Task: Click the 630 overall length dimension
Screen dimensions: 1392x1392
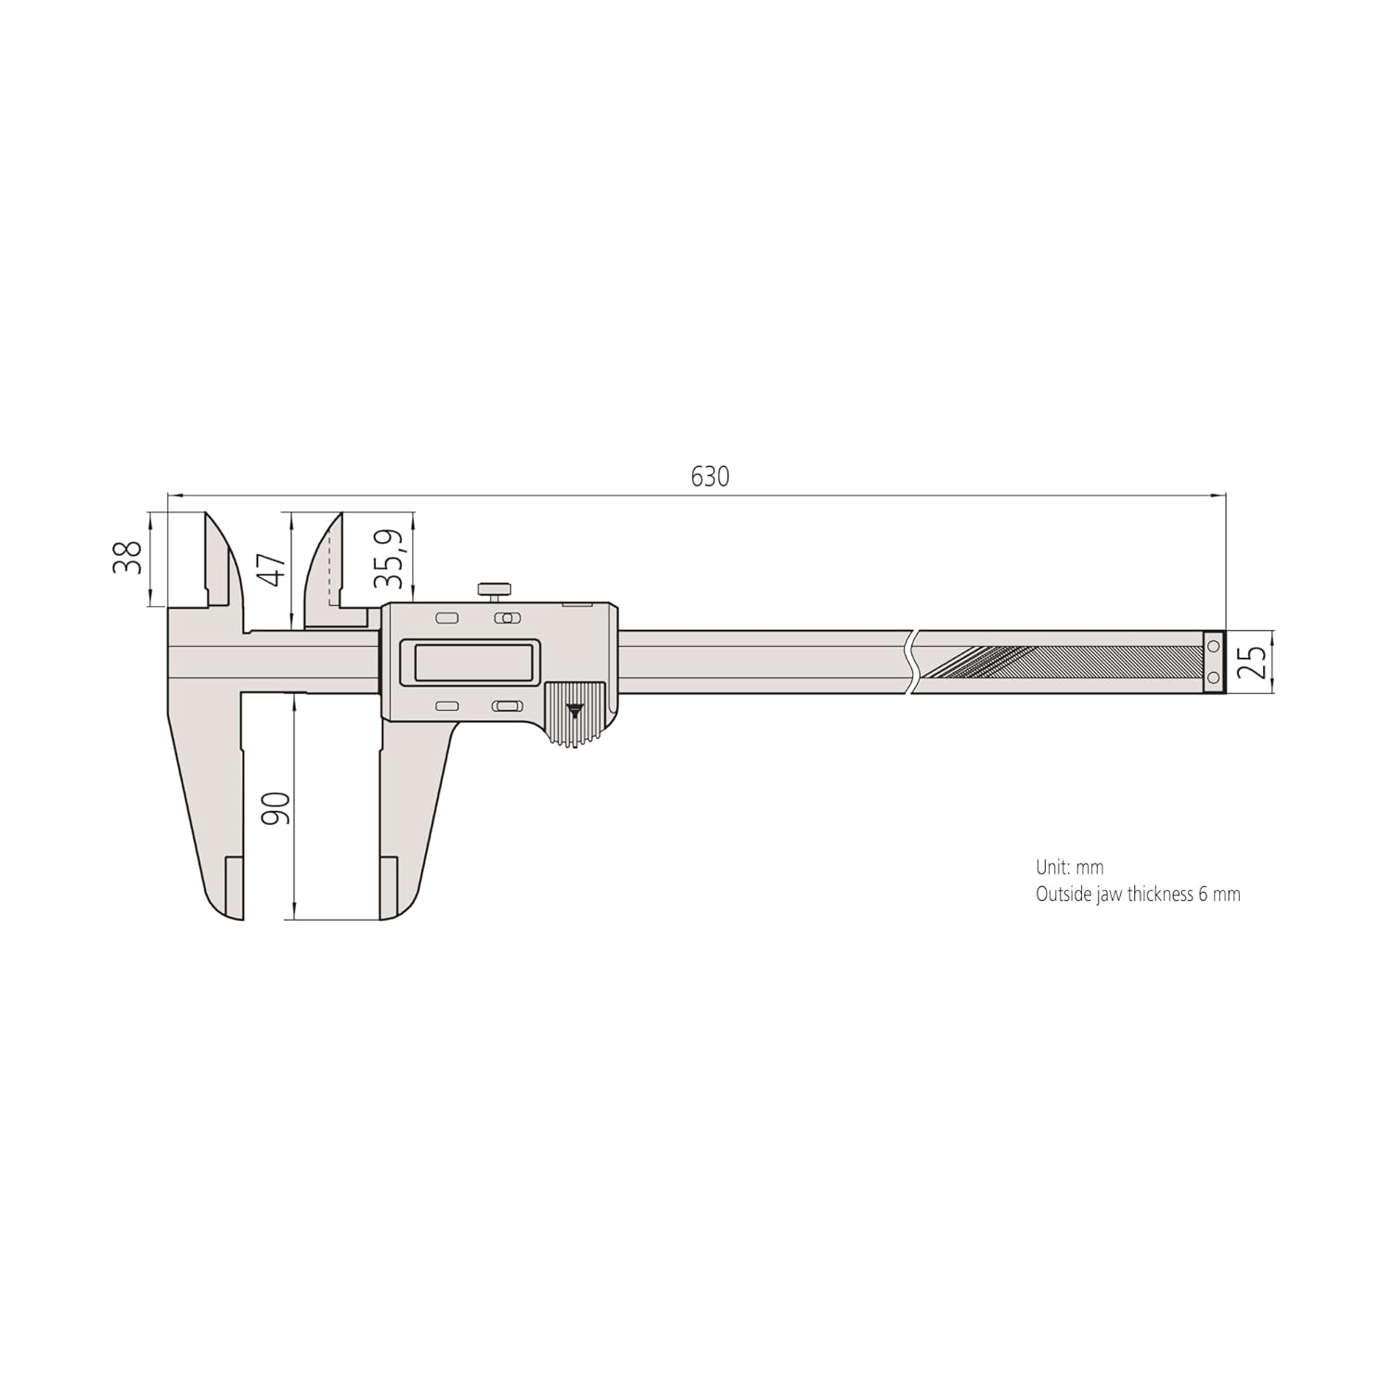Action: click(x=710, y=477)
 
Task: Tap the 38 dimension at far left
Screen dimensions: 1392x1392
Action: click(x=128, y=558)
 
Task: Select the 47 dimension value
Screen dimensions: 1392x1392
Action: click(x=272, y=570)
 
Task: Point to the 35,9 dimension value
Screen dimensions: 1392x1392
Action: click(x=391, y=559)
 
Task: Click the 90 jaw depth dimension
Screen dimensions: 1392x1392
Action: click(x=277, y=807)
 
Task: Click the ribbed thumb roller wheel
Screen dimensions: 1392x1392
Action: click(x=574, y=714)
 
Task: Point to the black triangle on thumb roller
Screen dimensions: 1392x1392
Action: click(x=575, y=710)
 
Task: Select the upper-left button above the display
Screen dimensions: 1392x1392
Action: click(x=447, y=618)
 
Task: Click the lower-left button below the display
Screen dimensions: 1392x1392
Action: click(x=447, y=706)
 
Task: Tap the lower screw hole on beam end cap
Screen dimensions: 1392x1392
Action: click(x=1213, y=678)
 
